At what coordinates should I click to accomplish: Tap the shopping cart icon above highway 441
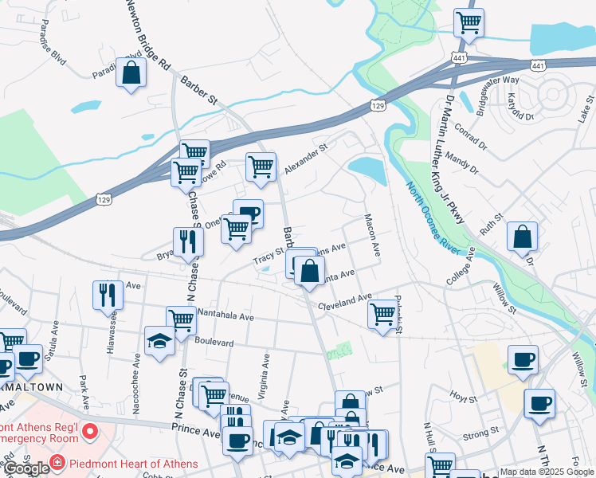(469, 22)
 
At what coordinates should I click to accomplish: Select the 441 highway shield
(457, 58)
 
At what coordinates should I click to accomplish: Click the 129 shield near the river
(378, 106)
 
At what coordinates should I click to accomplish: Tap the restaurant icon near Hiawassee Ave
(108, 295)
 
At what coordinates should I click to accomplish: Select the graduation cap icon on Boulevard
(160, 341)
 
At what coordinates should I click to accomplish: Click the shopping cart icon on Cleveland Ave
(383, 314)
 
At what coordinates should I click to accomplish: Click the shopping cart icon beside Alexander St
(260, 167)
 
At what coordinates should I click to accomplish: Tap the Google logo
(26, 468)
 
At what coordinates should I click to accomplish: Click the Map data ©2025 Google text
(546, 472)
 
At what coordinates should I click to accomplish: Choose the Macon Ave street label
(371, 234)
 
